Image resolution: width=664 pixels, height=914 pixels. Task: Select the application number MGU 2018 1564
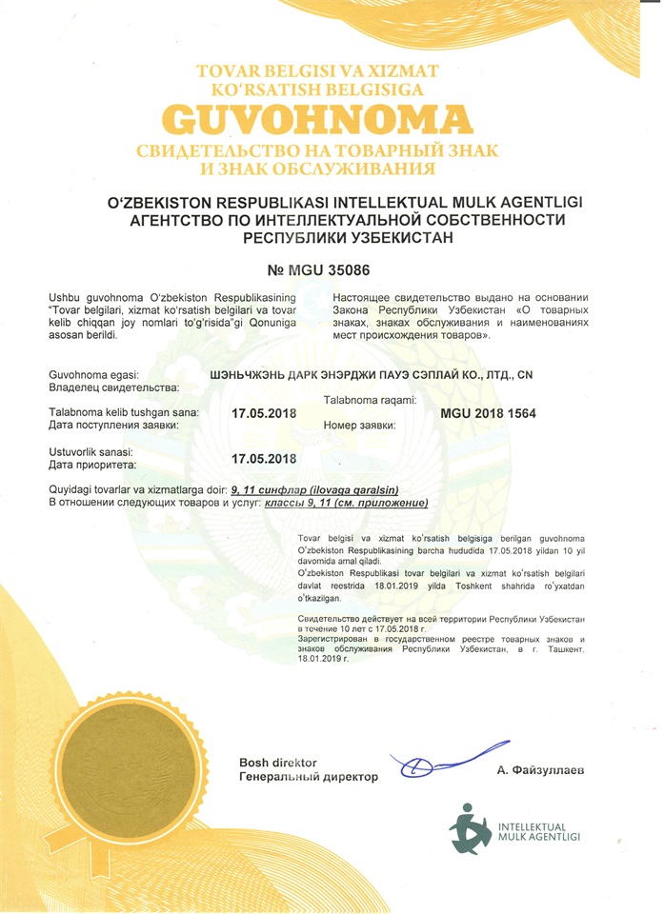[489, 414]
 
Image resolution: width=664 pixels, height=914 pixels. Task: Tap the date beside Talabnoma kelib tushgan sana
[265, 414]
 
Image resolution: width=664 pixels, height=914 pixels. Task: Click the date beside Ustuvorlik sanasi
[265, 458]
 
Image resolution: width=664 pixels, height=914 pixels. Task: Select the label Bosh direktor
[277, 763]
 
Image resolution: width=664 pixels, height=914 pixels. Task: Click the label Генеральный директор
[308, 777]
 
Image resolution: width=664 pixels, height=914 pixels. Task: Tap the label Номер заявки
[359, 426]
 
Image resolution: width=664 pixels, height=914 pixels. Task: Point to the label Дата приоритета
[92, 465]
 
